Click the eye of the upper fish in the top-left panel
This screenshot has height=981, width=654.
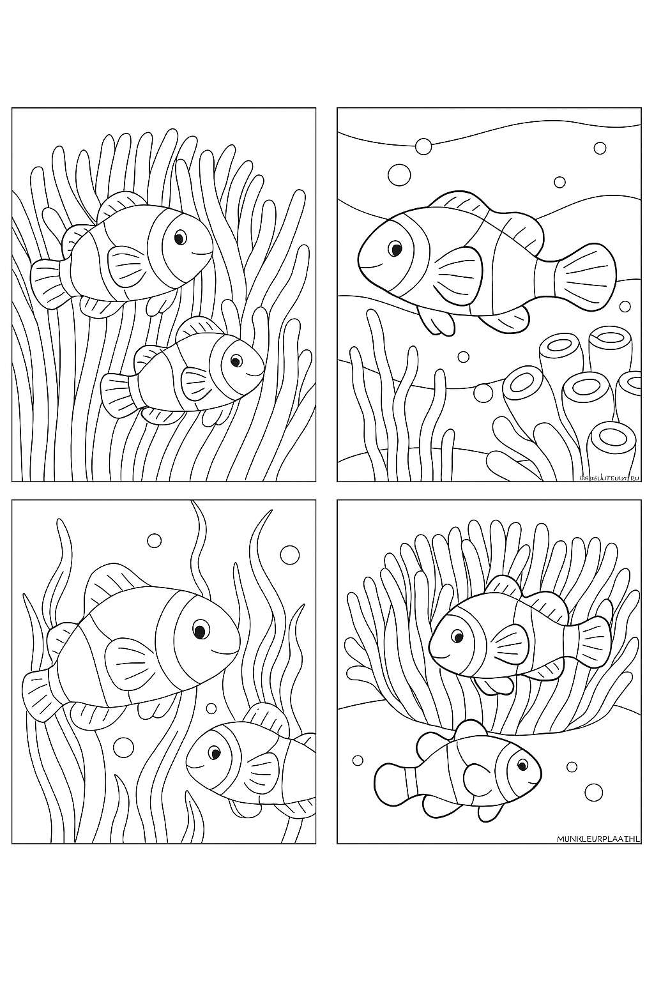pos(180,238)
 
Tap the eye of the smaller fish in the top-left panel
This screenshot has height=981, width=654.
pos(236,361)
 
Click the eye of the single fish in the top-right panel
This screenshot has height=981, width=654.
pos(396,249)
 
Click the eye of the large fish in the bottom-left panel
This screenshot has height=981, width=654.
pos(200,631)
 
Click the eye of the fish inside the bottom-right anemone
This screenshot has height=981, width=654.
pos(457,636)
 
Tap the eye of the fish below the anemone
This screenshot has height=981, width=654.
pos(522,765)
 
